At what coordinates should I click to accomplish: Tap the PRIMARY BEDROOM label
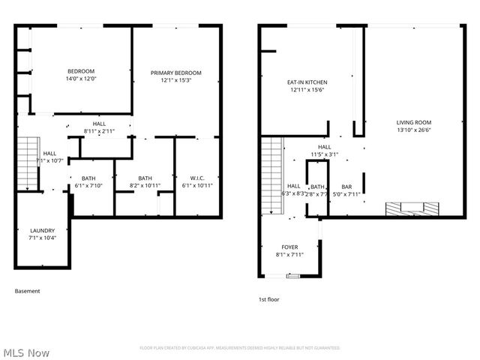point(176,73)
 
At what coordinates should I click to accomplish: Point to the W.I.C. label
point(197,178)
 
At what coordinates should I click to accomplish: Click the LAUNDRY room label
point(42,230)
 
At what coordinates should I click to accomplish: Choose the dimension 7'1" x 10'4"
point(42,238)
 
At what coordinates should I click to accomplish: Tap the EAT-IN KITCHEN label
point(307,82)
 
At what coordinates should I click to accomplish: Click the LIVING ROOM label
point(414,122)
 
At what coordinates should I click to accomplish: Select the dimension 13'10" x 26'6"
point(414,130)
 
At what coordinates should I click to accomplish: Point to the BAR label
point(346,187)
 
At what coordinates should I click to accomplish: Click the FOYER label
point(289,247)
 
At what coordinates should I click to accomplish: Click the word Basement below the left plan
point(28,291)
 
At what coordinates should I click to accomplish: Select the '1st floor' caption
point(268,299)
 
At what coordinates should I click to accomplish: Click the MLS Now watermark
point(27,352)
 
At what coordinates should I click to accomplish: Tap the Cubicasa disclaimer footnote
point(240,348)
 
